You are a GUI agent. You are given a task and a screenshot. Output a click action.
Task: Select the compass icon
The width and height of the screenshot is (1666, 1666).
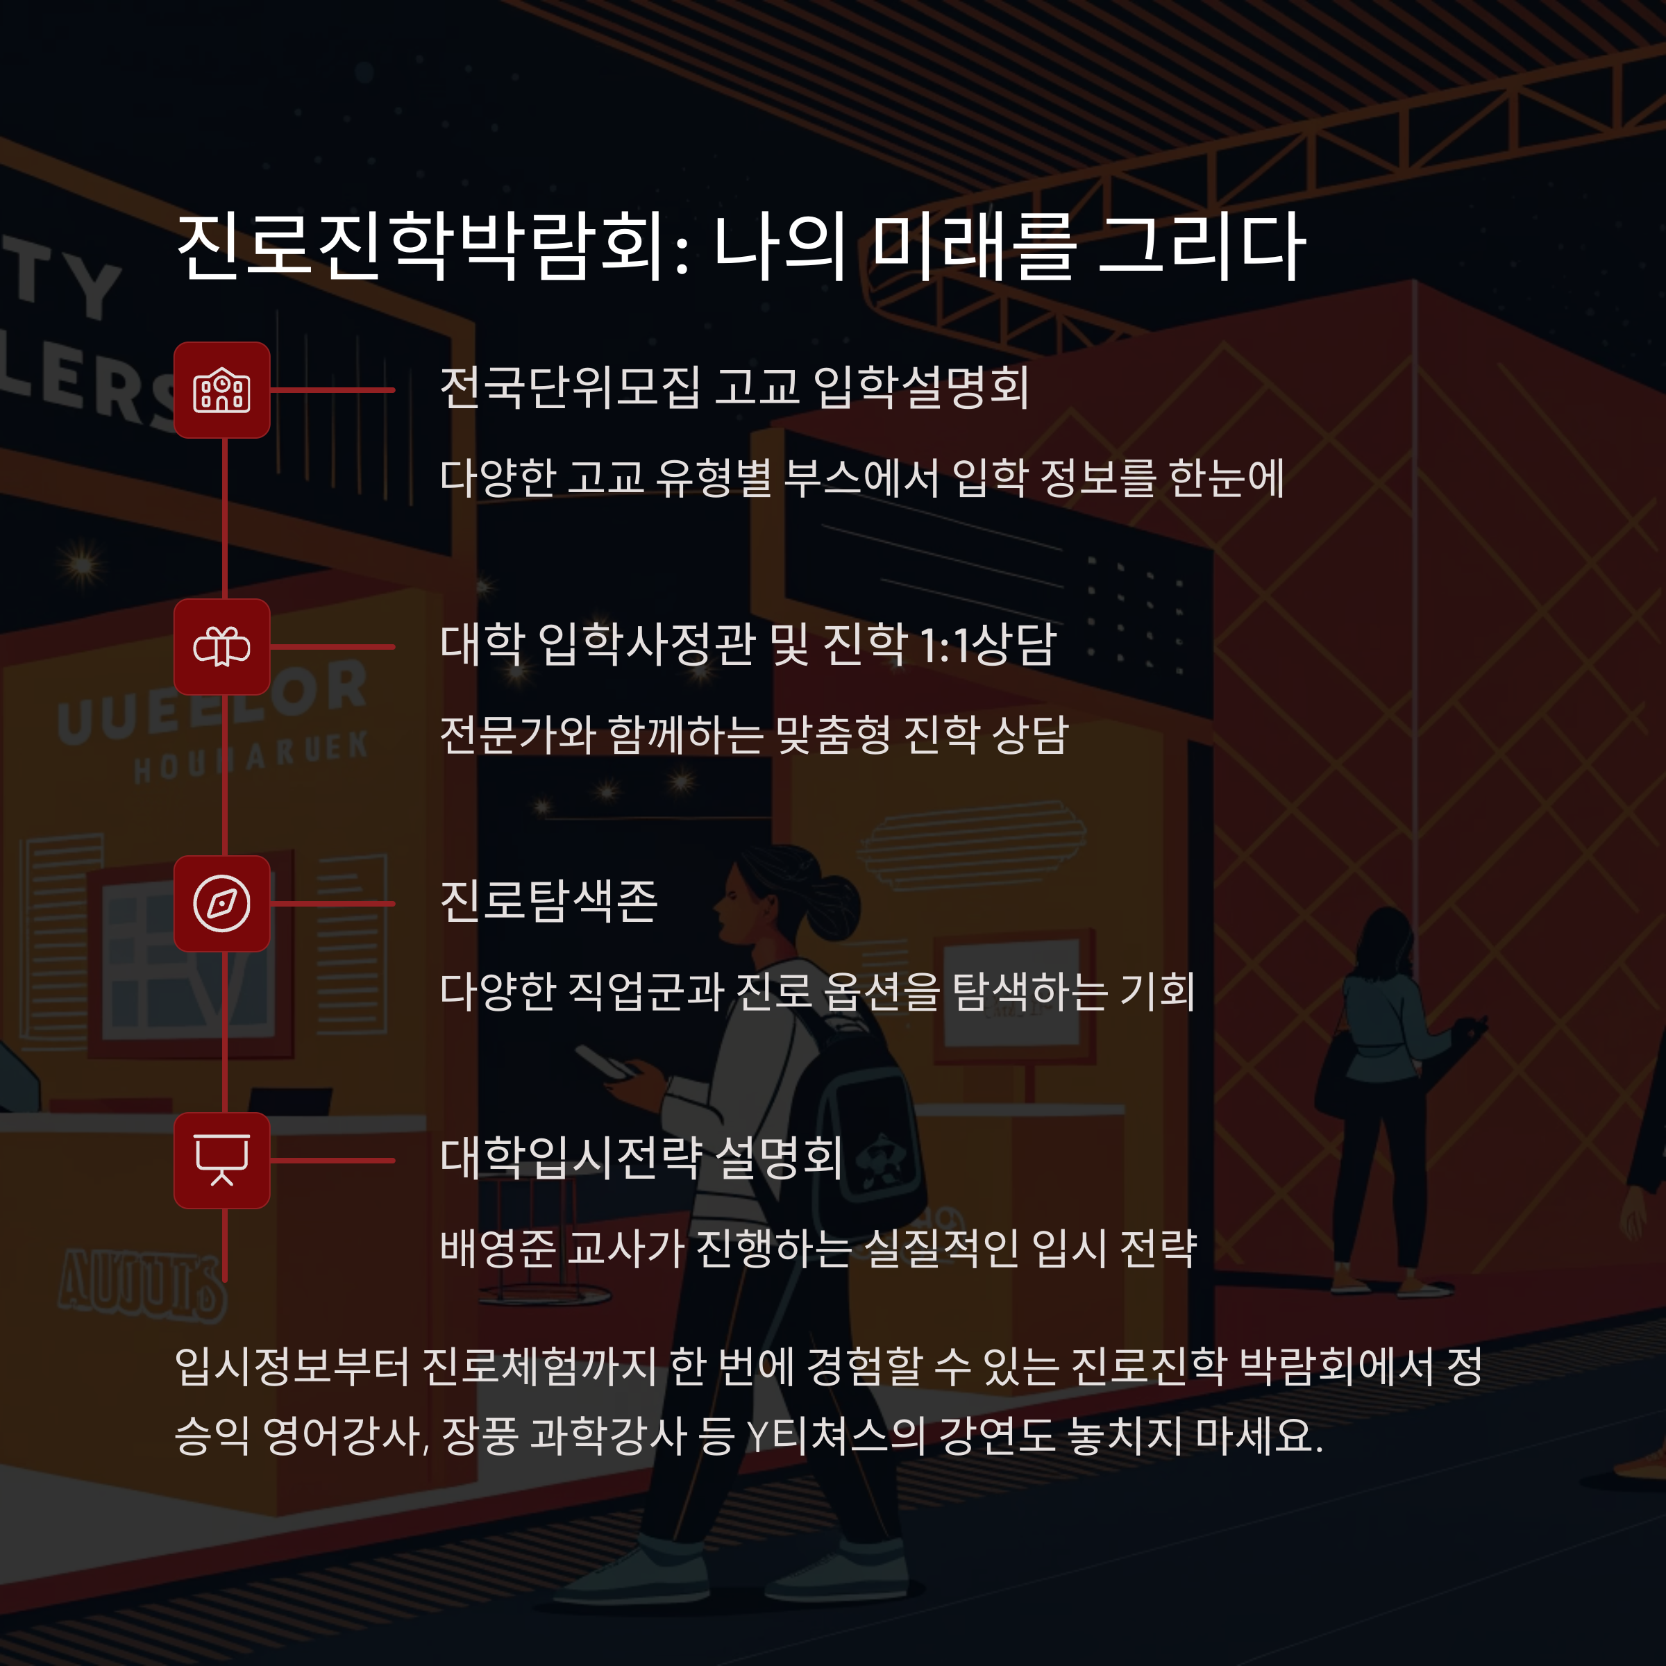[221, 904]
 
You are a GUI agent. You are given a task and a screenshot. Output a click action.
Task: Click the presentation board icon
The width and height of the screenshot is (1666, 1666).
[221, 1161]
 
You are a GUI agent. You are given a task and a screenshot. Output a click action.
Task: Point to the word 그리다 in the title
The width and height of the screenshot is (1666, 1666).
[1202, 248]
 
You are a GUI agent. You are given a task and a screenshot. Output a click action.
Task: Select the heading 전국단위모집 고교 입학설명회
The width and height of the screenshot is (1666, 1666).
[734, 387]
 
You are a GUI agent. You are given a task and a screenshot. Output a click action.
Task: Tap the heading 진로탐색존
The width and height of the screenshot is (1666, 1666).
[548, 901]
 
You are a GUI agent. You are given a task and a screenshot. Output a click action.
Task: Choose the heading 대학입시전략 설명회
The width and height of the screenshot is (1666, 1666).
[641, 1157]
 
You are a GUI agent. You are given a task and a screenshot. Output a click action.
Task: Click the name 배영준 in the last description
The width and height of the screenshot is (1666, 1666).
[498, 1248]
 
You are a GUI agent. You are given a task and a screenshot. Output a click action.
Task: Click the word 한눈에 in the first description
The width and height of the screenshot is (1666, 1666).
[1226, 478]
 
